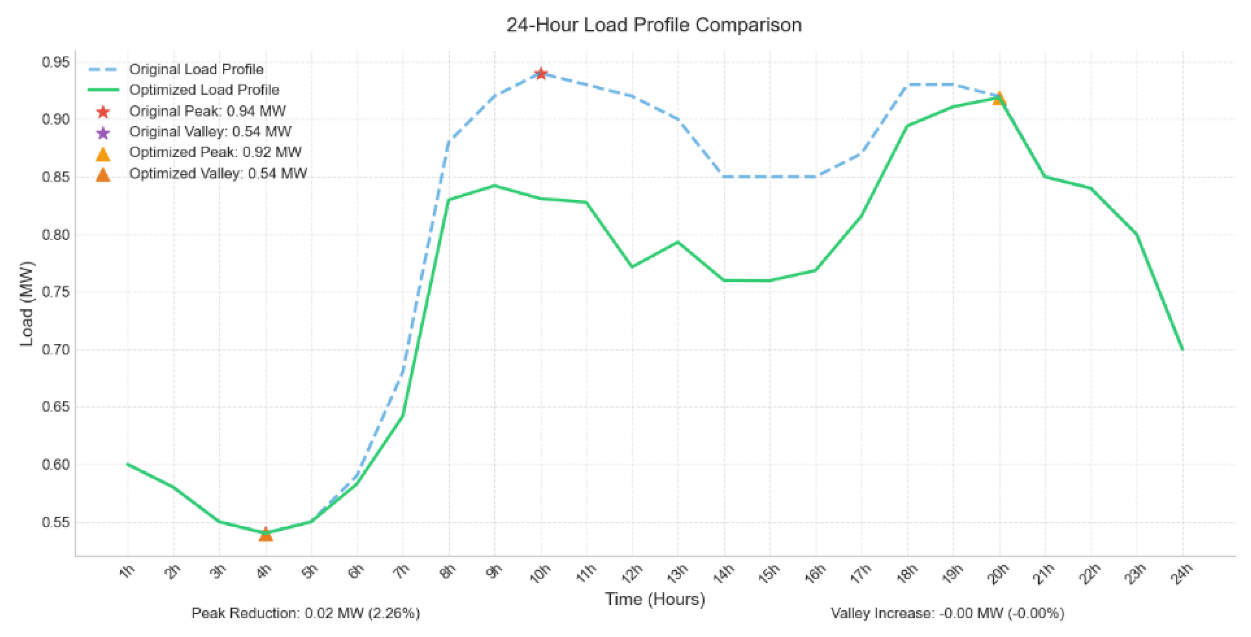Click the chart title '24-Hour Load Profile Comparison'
(653, 25)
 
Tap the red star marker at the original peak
(541, 74)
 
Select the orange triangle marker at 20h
(999, 99)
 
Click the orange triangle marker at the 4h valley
(265, 534)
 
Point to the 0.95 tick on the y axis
(55, 62)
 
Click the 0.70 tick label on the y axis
(55, 350)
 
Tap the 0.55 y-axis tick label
(55, 522)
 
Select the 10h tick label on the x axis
(540, 573)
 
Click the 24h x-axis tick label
(1181, 573)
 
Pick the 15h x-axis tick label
(769, 573)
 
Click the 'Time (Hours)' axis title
(654, 599)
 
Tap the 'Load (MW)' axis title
(27, 304)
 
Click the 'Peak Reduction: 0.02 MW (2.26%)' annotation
(305, 614)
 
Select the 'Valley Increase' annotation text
(947, 614)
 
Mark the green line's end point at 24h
(1182, 350)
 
